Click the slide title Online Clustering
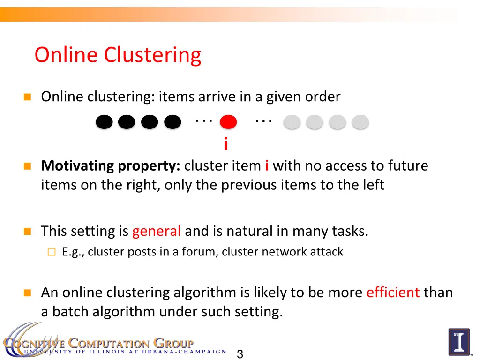[118, 55]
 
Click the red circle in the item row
[228, 122]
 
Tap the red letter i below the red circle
[226, 144]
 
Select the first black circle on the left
[104, 122]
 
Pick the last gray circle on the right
[360, 122]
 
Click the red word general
[156, 231]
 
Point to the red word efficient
[393, 292]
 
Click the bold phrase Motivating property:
[111, 166]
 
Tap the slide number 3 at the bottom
[240, 354]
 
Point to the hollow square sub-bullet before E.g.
[51, 252]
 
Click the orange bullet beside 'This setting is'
[28, 232]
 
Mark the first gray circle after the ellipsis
[292, 122]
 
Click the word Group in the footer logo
[173, 343]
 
